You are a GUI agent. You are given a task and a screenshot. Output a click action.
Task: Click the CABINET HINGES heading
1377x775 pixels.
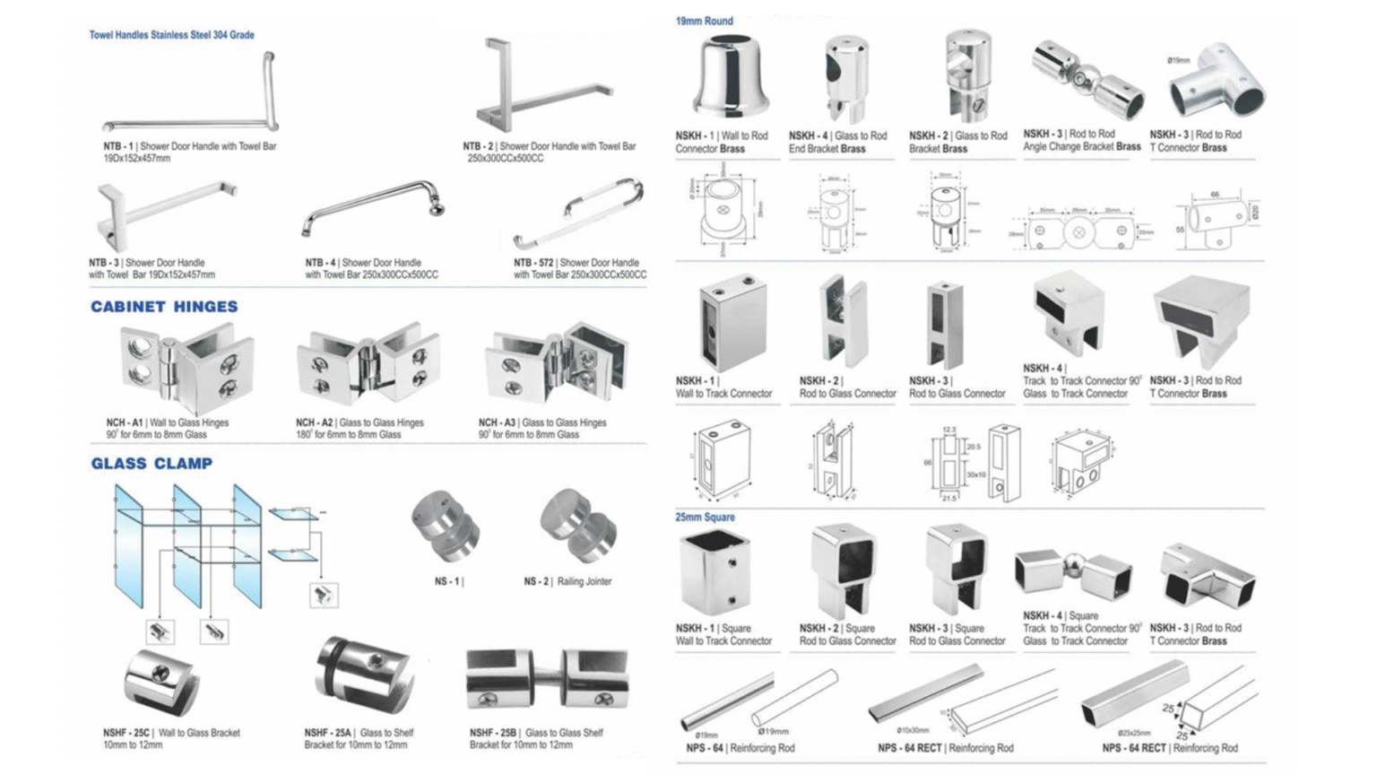[164, 307]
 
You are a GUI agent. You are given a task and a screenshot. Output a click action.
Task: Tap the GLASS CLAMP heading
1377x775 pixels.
[152, 464]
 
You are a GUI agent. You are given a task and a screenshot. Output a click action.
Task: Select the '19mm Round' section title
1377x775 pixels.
[704, 21]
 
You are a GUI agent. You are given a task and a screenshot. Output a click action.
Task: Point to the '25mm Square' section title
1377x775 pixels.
[705, 518]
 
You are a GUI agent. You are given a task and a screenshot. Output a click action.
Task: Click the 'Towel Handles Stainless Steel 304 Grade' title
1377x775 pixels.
[171, 35]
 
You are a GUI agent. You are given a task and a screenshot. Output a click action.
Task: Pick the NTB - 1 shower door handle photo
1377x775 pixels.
[193, 94]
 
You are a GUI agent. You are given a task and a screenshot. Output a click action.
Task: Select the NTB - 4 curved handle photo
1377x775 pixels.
[375, 208]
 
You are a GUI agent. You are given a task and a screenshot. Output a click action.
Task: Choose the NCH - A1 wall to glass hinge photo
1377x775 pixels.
[186, 368]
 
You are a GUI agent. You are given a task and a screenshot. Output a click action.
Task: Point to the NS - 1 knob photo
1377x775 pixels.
[445, 525]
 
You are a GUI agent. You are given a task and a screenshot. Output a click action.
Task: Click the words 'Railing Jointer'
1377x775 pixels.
[585, 581]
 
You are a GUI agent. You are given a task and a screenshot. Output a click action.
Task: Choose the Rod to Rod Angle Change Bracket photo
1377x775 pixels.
[1087, 79]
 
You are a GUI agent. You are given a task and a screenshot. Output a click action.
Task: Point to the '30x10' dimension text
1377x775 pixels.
[975, 475]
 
